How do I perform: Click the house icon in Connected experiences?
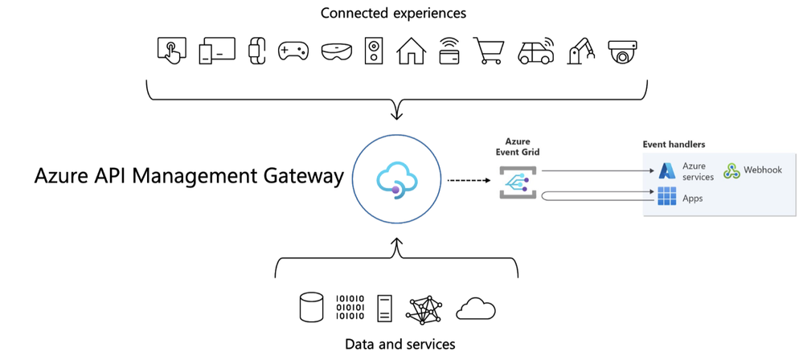(412, 50)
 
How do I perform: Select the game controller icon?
(293, 51)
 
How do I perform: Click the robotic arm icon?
(580, 50)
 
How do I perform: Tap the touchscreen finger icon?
(171, 50)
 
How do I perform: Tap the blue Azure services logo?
(667, 170)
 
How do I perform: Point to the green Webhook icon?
(731, 170)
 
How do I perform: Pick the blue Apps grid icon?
(667, 197)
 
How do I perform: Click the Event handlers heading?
(674, 145)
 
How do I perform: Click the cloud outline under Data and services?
(475, 309)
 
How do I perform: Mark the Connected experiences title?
(393, 13)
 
